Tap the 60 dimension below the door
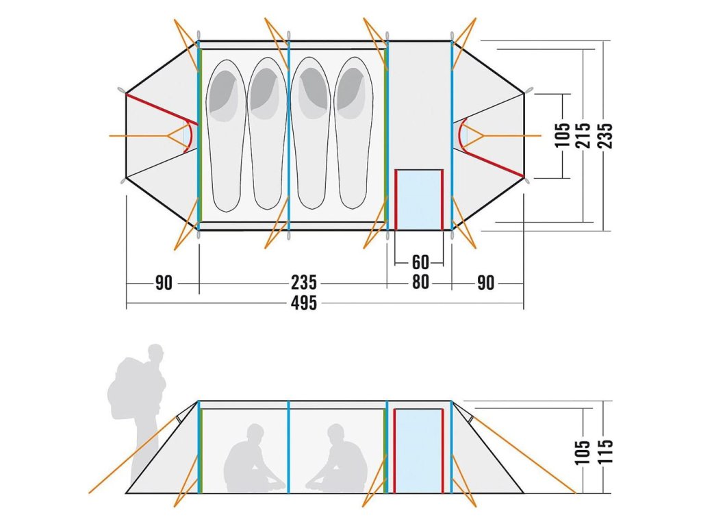click(x=420, y=262)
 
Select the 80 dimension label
click(x=420, y=282)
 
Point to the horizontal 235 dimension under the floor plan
click(x=303, y=282)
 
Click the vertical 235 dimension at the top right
click(x=605, y=135)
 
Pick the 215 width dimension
click(x=584, y=135)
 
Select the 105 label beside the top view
click(x=563, y=135)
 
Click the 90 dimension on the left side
click(x=164, y=282)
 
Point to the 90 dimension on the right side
click(x=485, y=282)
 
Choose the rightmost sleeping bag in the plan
click(x=354, y=134)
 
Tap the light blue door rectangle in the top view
click(x=419, y=199)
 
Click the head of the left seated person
click(x=255, y=433)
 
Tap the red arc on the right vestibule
click(x=460, y=134)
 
